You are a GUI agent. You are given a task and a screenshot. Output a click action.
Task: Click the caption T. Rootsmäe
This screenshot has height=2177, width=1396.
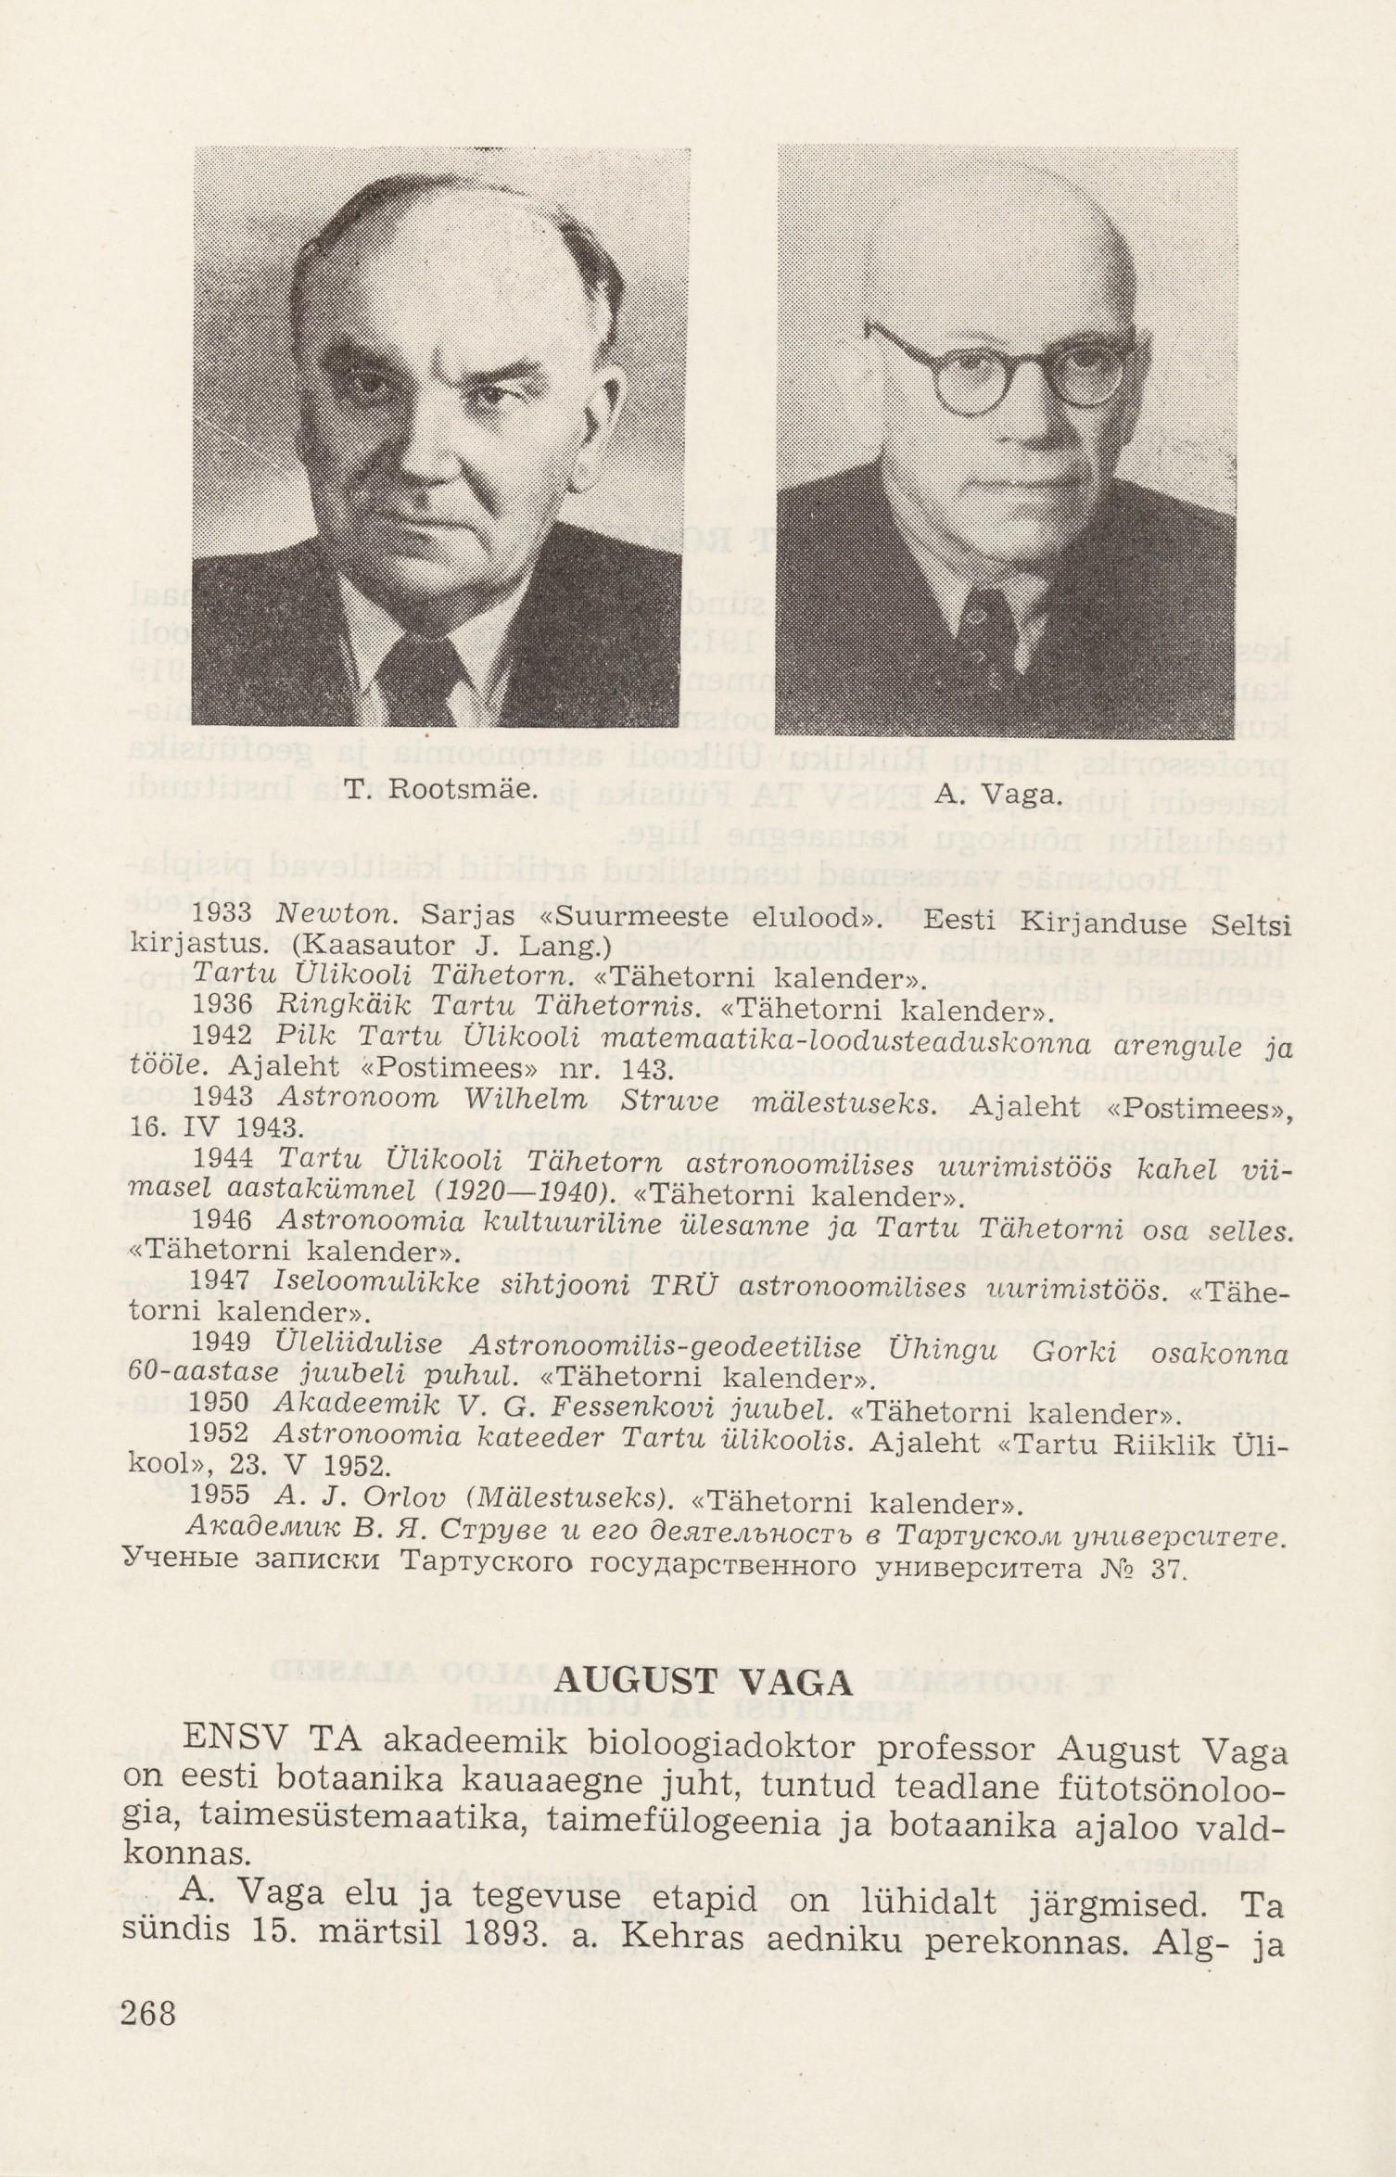pyautogui.click(x=440, y=790)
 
